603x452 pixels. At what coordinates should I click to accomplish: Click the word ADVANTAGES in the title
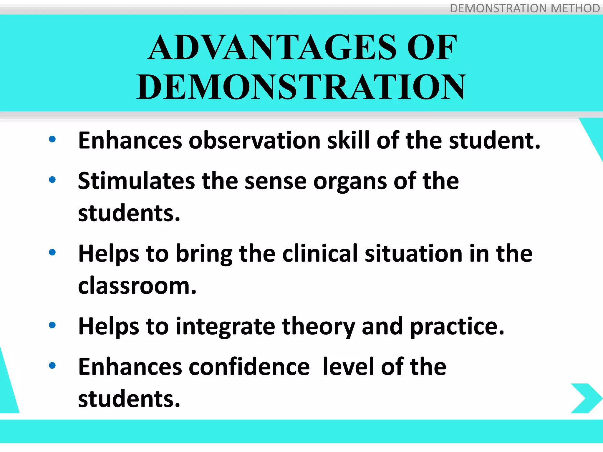[273, 48]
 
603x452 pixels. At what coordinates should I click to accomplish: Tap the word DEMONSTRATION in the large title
[301, 87]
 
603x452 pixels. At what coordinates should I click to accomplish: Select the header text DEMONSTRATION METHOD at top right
[524, 8]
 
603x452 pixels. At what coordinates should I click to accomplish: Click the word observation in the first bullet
[254, 140]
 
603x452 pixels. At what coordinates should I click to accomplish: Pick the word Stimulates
[136, 181]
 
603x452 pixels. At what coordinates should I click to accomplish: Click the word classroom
[137, 286]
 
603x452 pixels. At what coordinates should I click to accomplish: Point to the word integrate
[225, 327]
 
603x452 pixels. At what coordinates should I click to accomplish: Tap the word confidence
[249, 367]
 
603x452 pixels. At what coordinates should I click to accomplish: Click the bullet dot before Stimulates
[52, 180]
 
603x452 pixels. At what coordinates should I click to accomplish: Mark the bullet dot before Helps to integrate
[52, 325]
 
